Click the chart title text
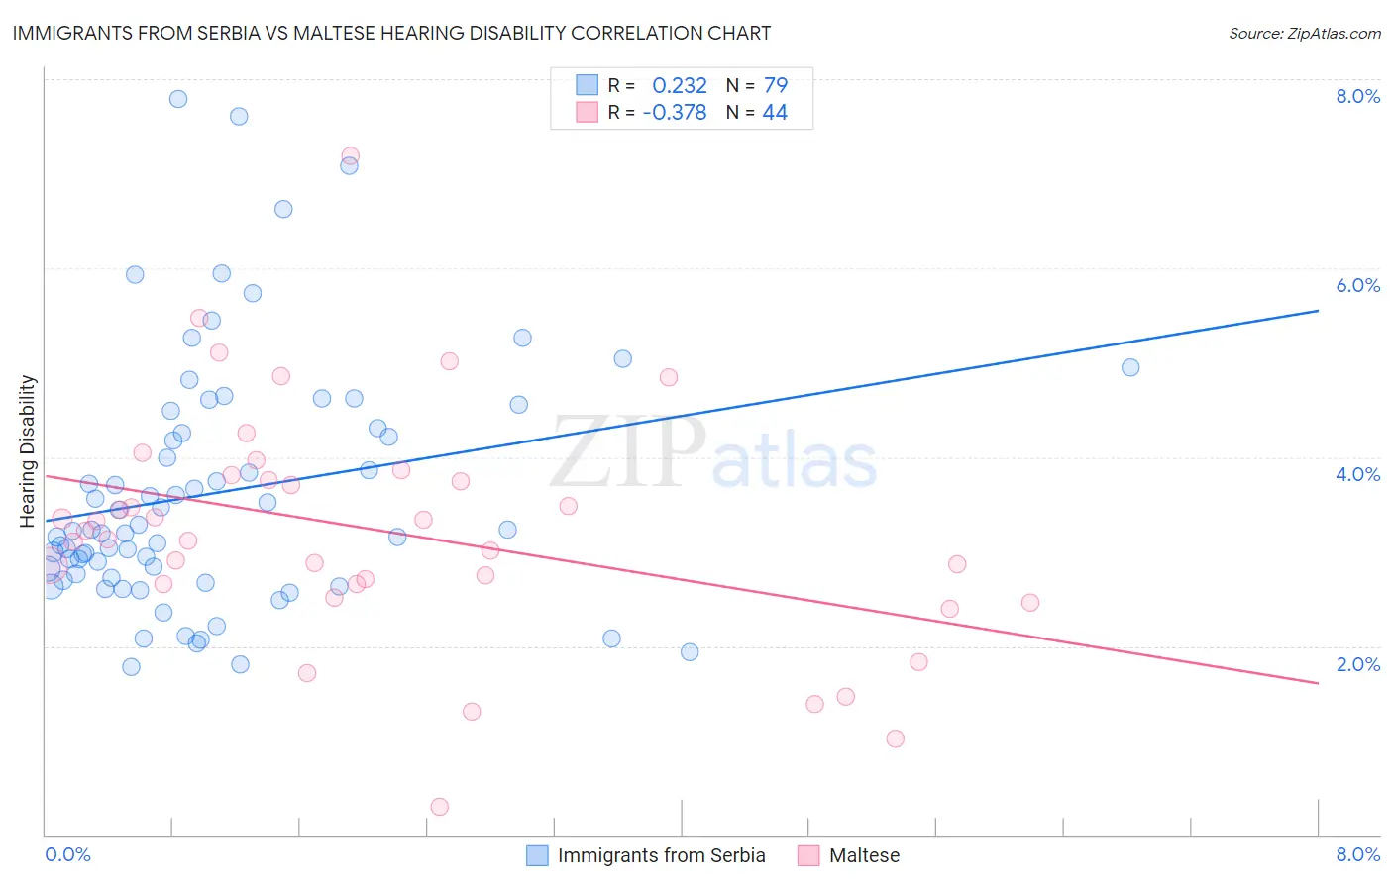click(391, 33)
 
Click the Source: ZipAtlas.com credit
click(1304, 34)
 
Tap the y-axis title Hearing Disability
click(28, 450)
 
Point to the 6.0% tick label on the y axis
click(1357, 285)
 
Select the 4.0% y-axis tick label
click(1357, 474)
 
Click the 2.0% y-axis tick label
click(1357, 664)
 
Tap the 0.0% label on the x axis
click(67, 854)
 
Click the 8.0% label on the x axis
click(1357, 854)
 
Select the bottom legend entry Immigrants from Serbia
click(661, 855)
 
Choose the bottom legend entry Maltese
click(864, 855)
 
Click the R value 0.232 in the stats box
click(680, 85)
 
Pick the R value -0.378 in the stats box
click(675, 113)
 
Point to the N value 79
click(775, 85)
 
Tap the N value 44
click(775, 113)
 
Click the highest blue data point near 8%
click(178, 99)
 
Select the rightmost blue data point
click(1130, 367)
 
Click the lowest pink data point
click(440, 807)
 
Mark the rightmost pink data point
click(1030, 603)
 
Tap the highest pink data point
click(350, 156)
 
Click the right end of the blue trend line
click(1318, 311)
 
